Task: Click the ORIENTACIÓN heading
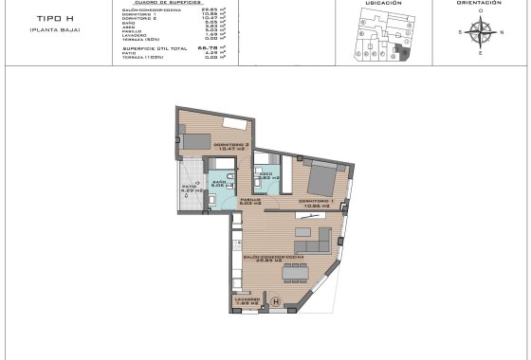[x=480, y=4]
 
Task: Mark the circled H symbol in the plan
[x=275, y=302]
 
